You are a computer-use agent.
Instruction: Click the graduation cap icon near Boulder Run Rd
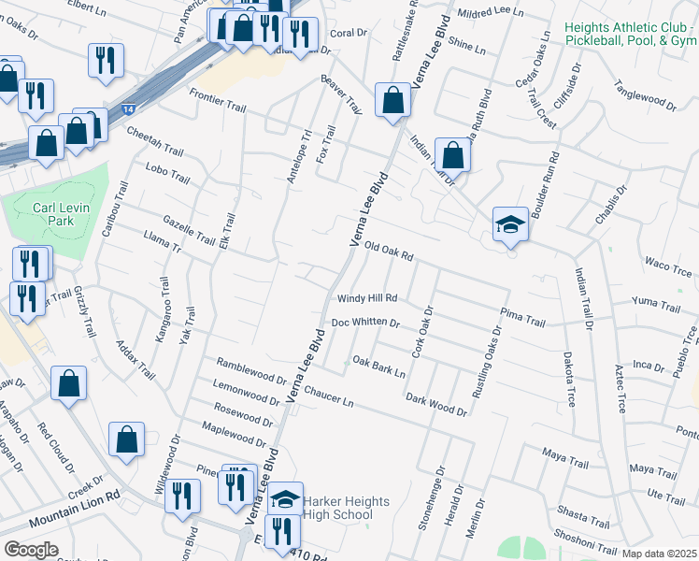(510, 224)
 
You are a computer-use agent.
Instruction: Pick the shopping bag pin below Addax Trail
(69, 383)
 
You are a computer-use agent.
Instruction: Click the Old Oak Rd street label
(388, 249)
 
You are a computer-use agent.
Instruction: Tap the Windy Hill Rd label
(367, 299)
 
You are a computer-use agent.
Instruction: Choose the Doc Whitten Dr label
(365, 323)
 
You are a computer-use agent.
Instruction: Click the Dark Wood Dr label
(435, 405)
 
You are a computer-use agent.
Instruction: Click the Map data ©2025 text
(658, 553)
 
